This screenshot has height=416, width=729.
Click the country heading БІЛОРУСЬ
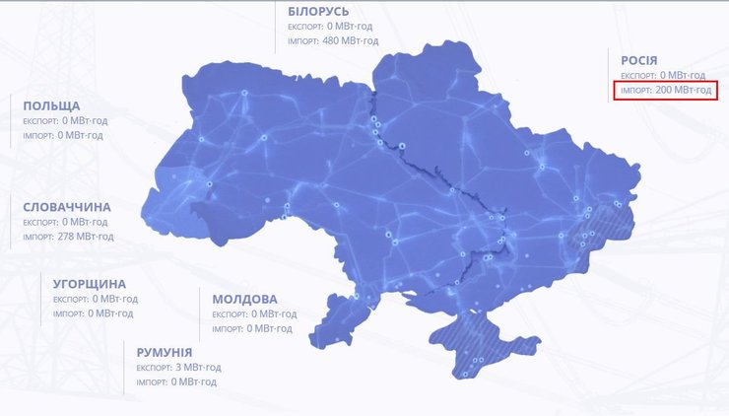(319, 11)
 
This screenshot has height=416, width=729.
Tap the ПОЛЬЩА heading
(51, 105)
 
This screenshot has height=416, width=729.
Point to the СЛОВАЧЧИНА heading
(67, 207)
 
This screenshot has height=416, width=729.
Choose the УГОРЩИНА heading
(90, 284)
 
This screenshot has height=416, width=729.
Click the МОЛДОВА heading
(244, 299)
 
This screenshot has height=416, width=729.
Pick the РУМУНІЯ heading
(165, 352)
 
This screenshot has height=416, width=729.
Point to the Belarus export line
(333, 26)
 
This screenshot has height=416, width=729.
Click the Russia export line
(663, 75)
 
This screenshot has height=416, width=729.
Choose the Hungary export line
(95, 299)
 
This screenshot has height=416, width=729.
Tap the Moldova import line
(254, 328)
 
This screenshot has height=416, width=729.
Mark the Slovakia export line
(65, 222)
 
